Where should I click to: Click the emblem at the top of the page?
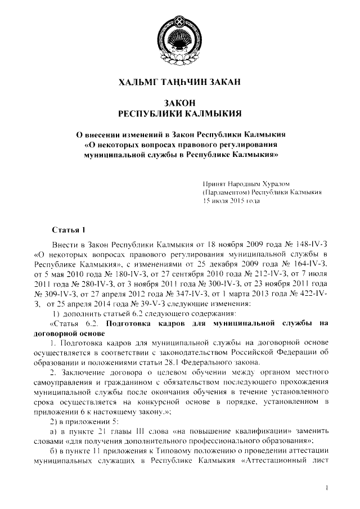coord(180,38)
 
